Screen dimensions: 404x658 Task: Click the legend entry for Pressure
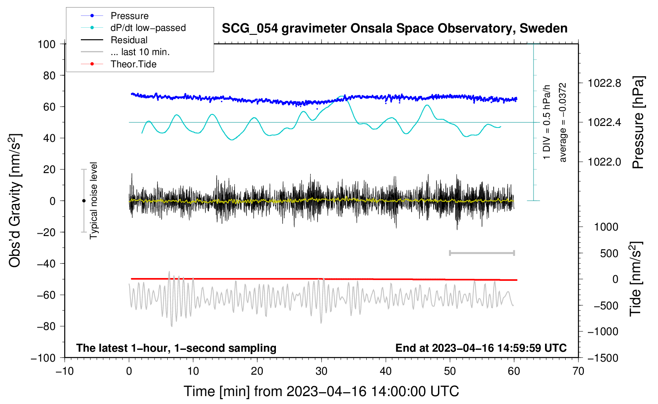tap(129, 16)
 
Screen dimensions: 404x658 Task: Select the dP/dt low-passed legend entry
tap(148, 28)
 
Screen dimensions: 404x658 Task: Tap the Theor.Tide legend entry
tap(133, 64)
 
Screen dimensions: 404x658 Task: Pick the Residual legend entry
tap(129, 40)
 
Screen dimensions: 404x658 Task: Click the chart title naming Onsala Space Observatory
tap(394, 29)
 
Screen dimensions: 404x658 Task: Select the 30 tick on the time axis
tap(321, 371)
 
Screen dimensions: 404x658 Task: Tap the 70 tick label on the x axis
tap(578, 371)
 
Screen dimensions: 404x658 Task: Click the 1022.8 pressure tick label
tap(604, 83)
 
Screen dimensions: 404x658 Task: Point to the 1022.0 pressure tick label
tap(604, 162)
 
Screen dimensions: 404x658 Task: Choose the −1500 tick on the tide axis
tap(603, 358)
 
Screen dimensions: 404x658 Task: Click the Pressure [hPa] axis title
tap(638, 123)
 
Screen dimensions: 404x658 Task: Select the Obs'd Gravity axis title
tap(15, 200)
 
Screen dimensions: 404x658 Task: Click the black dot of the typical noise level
tap(84, 201)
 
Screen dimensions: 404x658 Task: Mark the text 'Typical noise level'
tap(94, 200)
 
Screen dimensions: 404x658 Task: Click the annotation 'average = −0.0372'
tap(563, 123)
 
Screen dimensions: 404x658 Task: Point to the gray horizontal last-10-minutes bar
tap(482, 253)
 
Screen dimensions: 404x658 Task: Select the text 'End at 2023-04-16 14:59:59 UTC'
tap(481, 348)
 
